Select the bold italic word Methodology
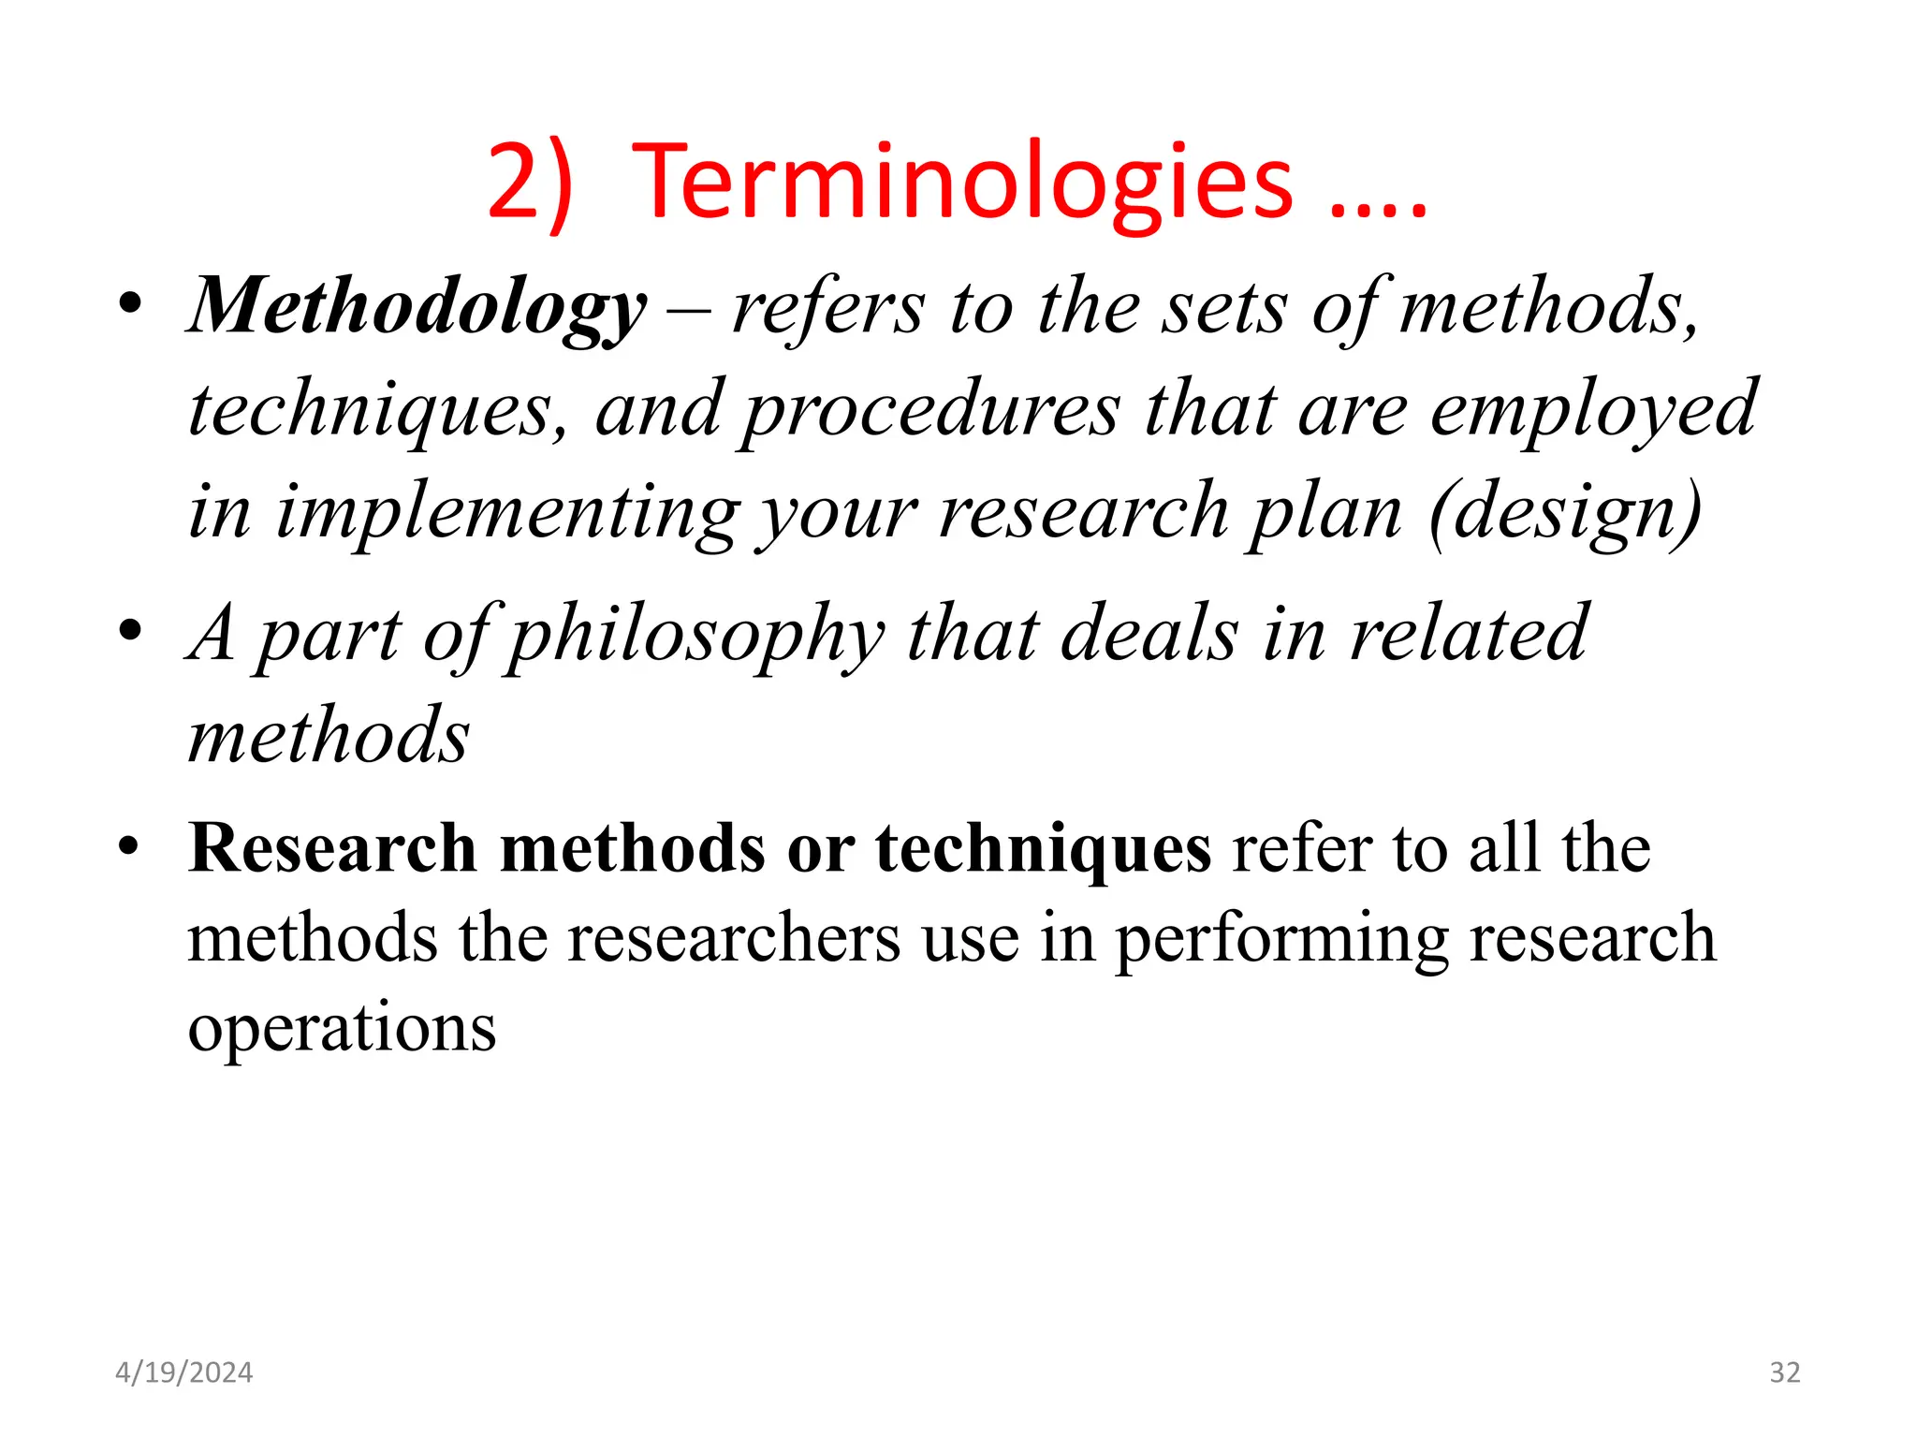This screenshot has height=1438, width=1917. (x=417, y=307)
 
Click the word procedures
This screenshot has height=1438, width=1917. (x=931, y=409)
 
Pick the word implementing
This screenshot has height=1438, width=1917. (x=506, y=512)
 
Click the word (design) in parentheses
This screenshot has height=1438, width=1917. (x=1565, y=512)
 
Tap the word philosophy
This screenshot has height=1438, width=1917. (x=696, y=635)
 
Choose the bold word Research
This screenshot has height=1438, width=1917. (x=332, y=848)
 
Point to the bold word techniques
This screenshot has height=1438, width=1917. (x=1043, y=848)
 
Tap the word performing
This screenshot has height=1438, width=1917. (x=1281, y=938)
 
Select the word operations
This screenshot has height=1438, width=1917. (x=342, y=1028)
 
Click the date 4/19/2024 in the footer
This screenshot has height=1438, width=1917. (x=183, y=1372)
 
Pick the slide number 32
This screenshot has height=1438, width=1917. (x=1784, y=1372)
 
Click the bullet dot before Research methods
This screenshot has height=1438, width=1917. (x=130, y=846)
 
